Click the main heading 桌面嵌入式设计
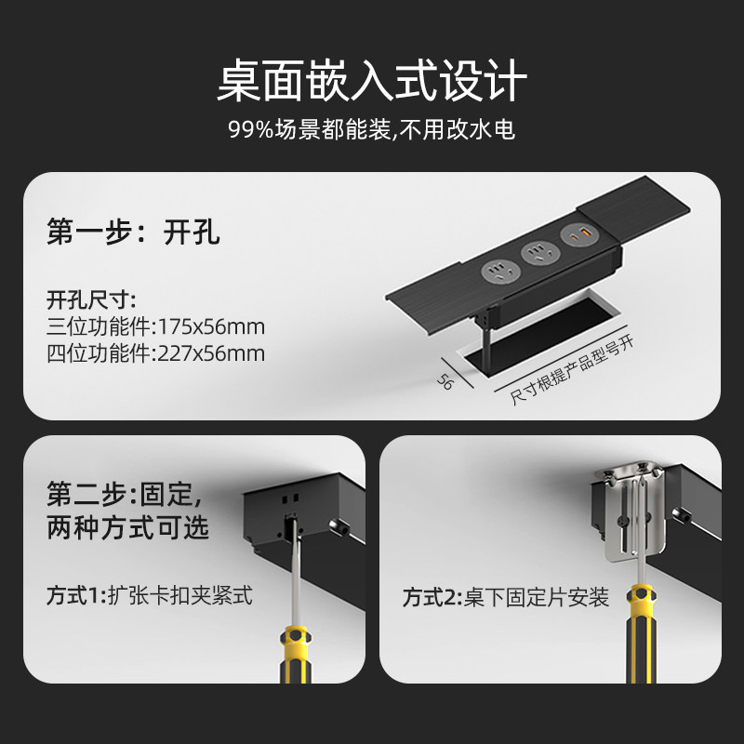coord(372,82)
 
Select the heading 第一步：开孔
coord(133,232)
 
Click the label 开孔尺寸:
coord(92,299)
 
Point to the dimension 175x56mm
coord(211,326)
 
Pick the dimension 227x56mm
coord(211,353)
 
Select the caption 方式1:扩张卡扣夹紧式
coord(150,593)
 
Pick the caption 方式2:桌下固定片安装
coord(506,596)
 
